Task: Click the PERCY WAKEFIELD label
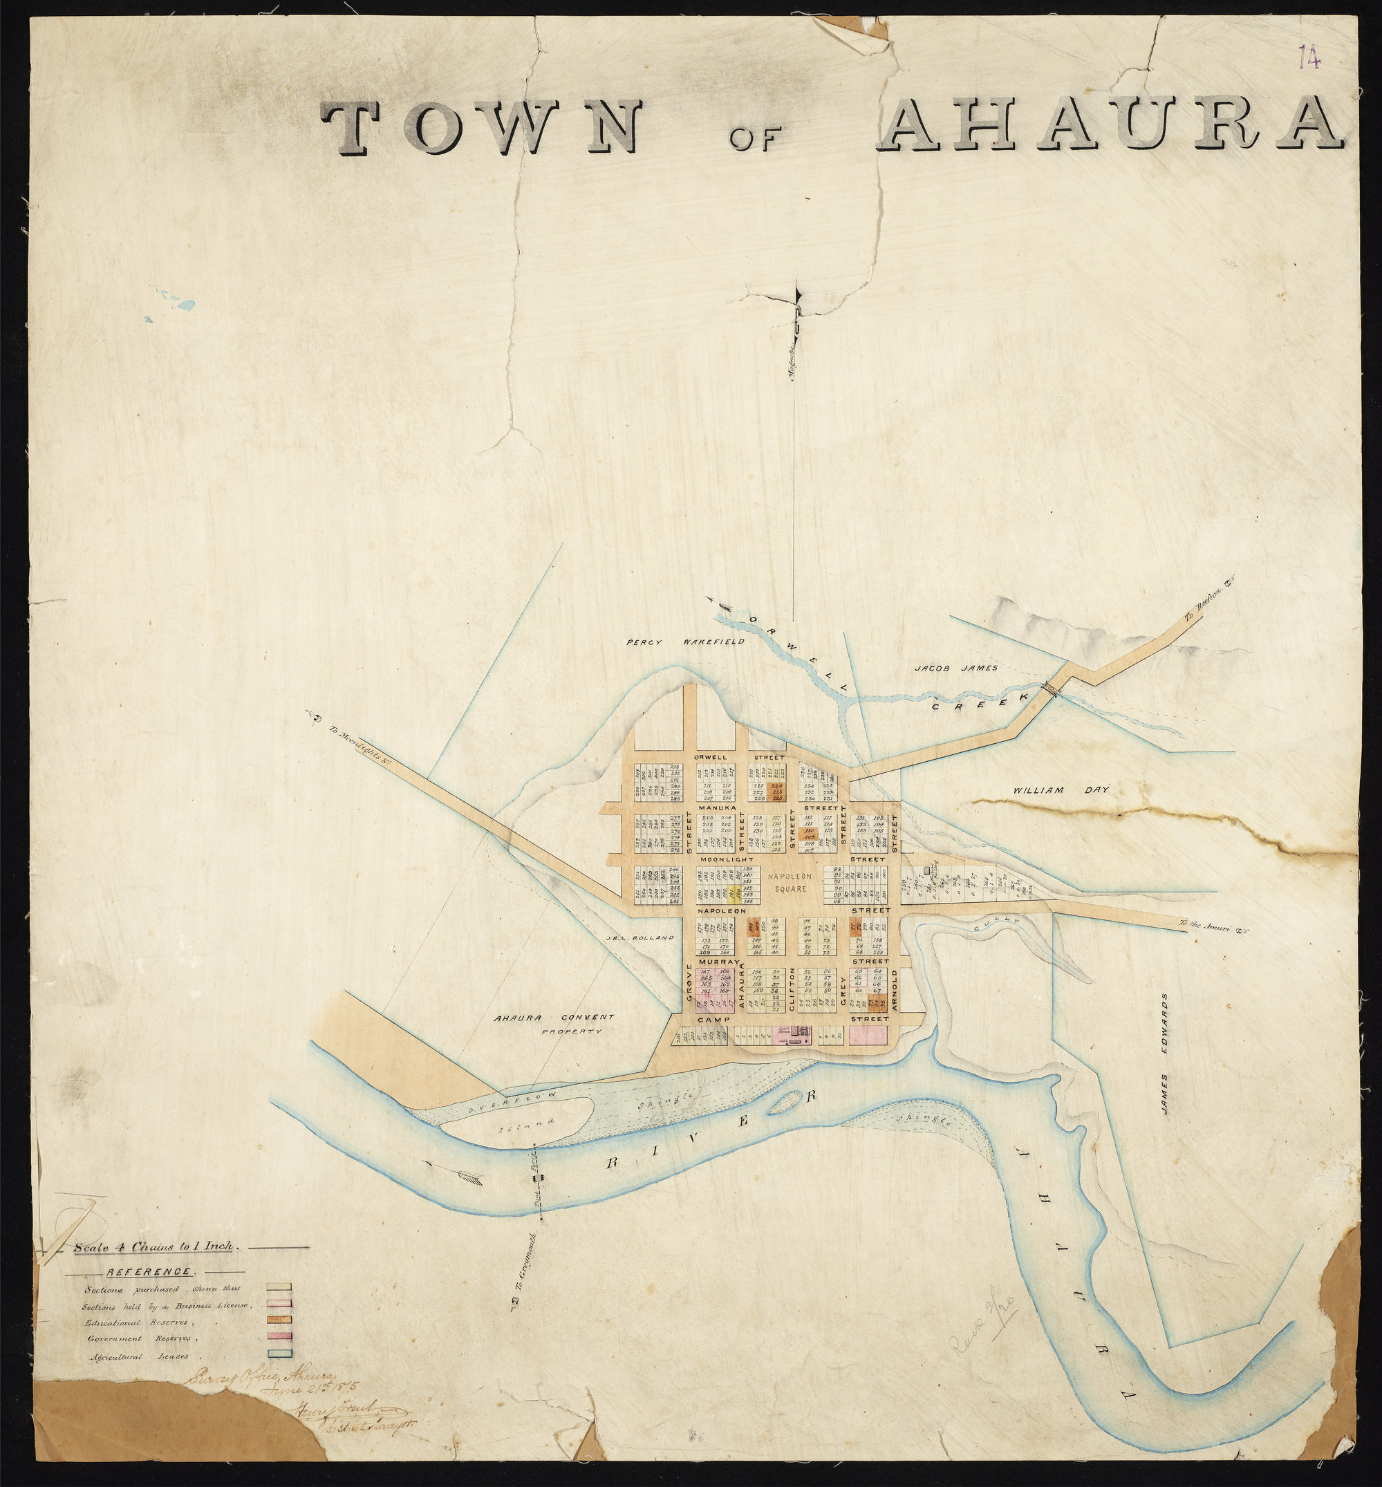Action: [x=685, y=642]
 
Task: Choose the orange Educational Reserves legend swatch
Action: [x=278, y=1322]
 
